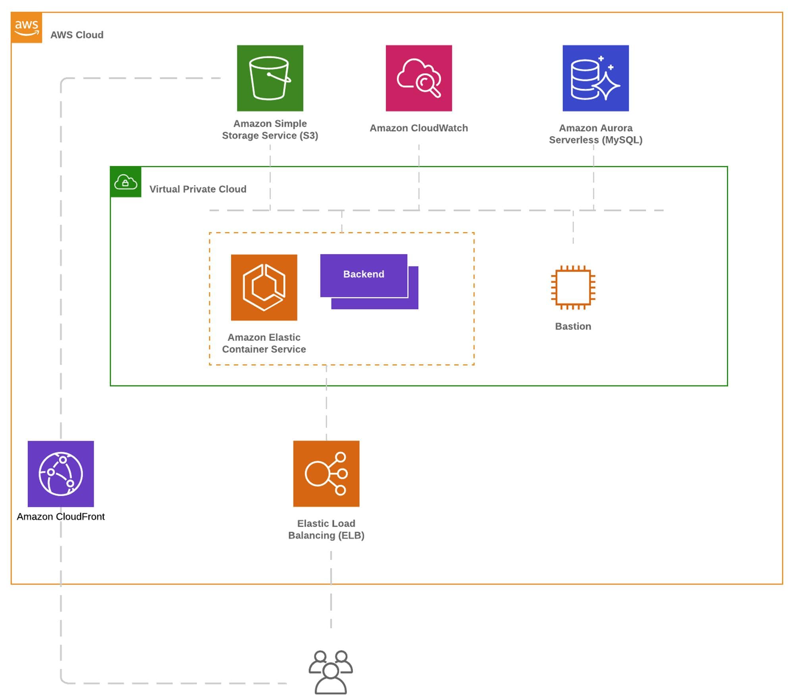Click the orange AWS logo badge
point(27,27)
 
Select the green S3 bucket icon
point(270,78)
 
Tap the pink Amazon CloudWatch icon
point(419,78)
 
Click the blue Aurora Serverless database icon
point(595,78)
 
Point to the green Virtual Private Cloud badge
point(126,182)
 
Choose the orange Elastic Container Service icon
point(264,287)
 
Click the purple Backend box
point(364,275)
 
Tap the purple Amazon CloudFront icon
point(61,474)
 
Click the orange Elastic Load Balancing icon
point(326,474)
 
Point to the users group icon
point(331,672)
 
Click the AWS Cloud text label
point(77,35)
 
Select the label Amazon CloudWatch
point(419,128)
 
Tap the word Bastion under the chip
point(573,326)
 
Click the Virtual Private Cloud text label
point(198,189)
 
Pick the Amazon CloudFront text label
point(61,516)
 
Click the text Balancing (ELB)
point(326,535)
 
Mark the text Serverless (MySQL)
point(595,140)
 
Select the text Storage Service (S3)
point(270,136)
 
